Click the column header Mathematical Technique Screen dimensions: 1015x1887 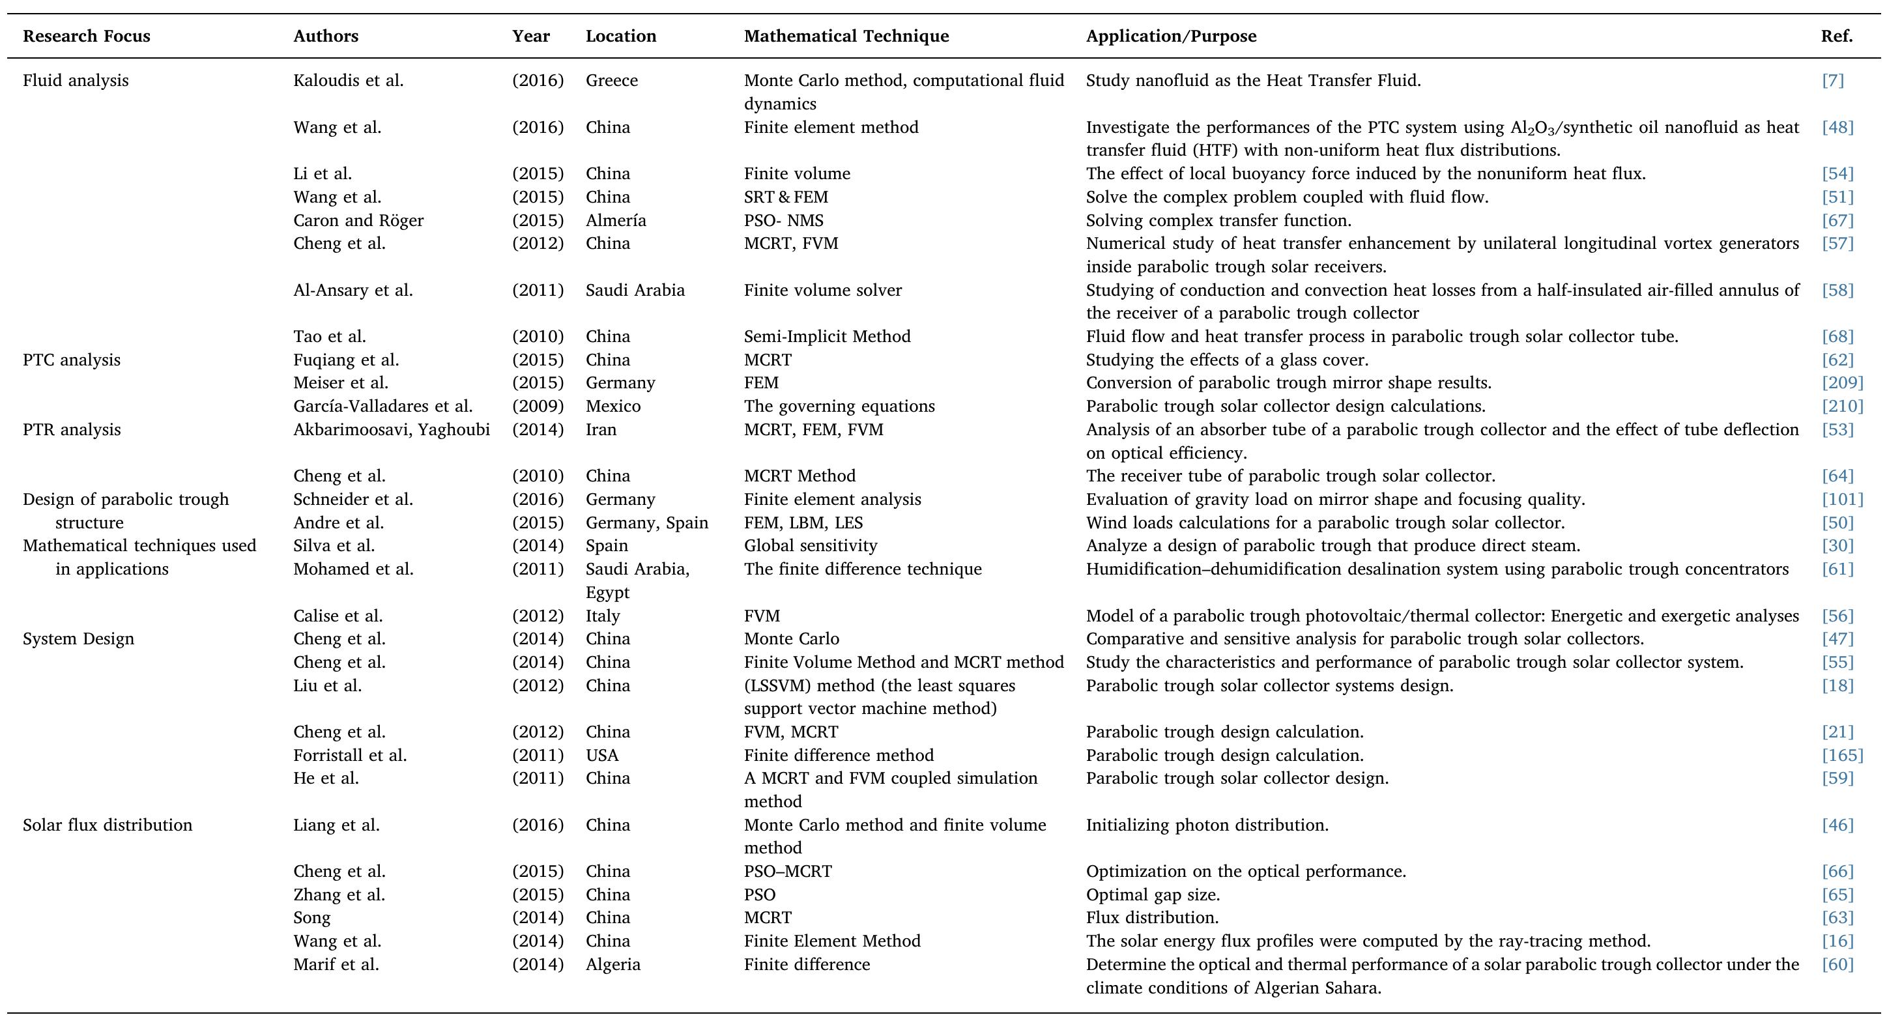pos(846,36)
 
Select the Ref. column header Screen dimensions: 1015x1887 pos(1836,36)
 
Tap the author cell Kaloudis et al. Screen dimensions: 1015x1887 pos(348,81)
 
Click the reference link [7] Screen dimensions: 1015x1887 pos(1832,81)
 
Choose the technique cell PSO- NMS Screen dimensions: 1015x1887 pos(783,220)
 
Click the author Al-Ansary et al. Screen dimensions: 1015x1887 pos(353,290)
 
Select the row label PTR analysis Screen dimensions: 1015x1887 pos(71,429)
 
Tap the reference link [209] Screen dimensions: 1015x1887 pos(1841,383)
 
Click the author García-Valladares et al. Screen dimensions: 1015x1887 pos(382,407)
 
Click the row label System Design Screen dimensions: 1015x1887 pos(78,638)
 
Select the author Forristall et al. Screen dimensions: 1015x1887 pos(349,755)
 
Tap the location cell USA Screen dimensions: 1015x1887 pos(601,755)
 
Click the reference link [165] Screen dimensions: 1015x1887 pos(1841,755)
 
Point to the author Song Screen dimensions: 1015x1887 pos(311,917)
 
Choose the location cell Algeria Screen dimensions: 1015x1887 pos(612,964)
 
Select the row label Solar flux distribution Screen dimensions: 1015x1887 pos(107,825)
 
